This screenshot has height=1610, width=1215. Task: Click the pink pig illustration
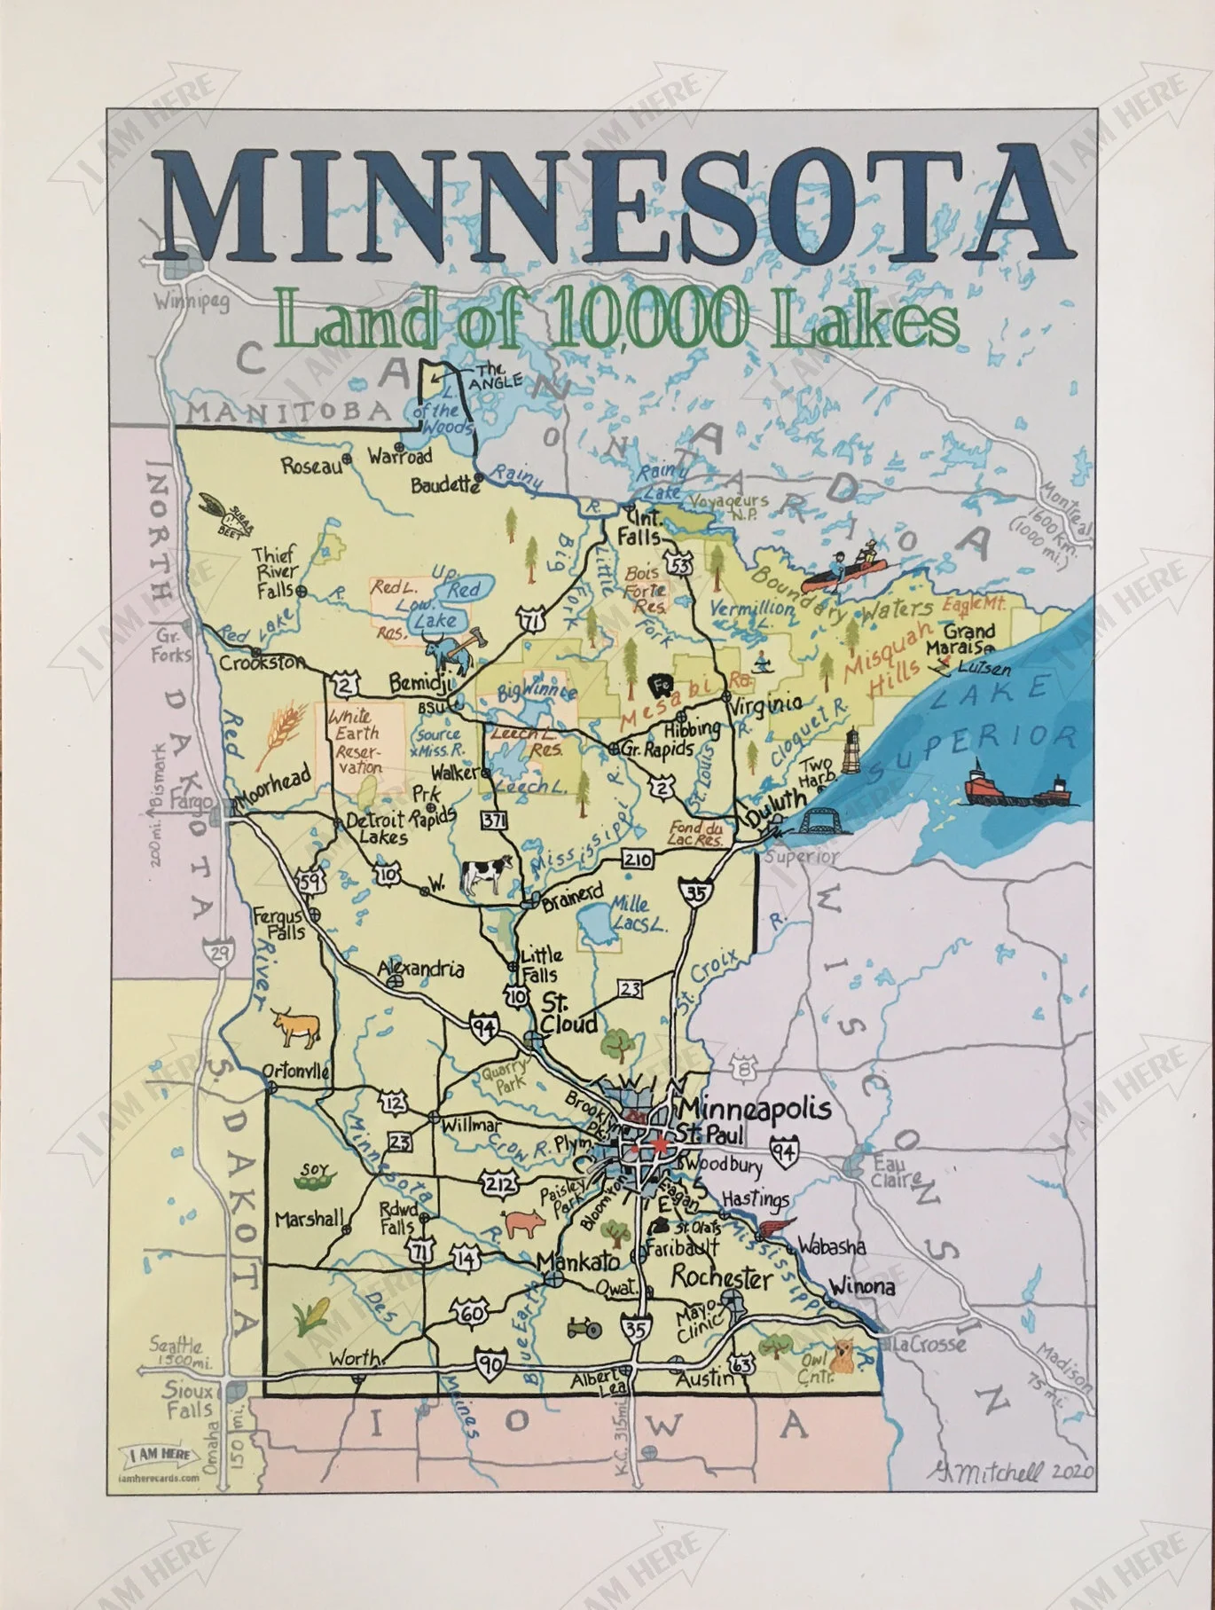[524, 1223]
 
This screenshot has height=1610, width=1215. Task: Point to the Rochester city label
[721, 1277]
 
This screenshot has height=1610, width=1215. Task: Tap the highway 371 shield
[494, 820]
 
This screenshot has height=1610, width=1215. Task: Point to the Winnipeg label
[192, 302]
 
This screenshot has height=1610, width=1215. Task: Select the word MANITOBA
[290, 411]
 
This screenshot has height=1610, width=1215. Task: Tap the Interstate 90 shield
[492, 1365]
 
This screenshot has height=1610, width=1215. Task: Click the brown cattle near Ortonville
[295, 1028]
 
